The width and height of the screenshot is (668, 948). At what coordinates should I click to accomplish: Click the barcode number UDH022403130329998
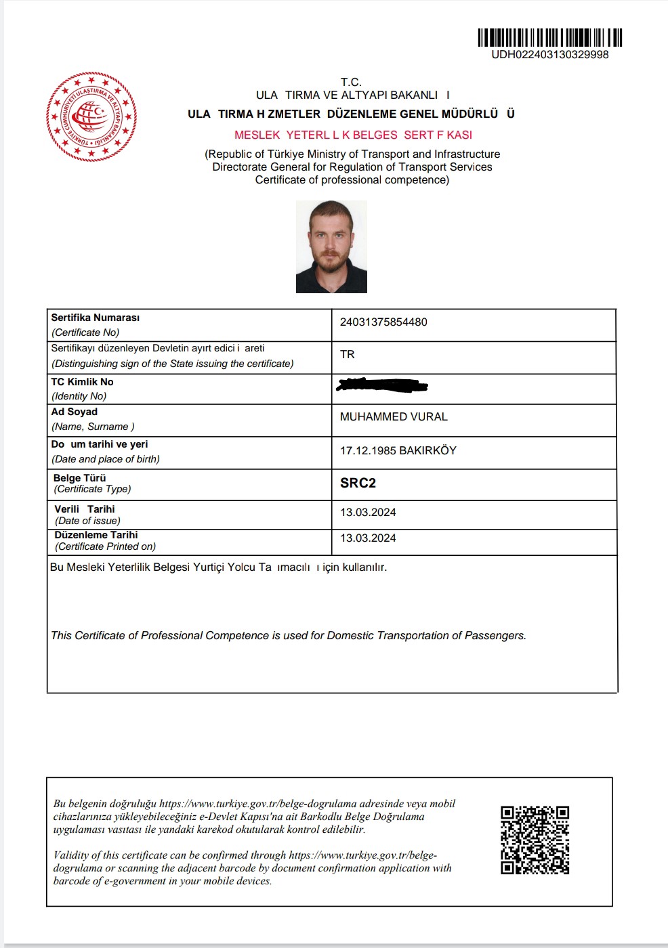549,54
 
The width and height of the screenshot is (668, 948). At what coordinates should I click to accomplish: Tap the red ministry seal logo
91,116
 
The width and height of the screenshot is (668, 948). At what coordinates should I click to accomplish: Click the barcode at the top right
549,37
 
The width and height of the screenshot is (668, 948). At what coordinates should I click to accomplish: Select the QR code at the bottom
535,840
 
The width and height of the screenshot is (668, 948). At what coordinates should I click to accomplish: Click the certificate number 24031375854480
383,322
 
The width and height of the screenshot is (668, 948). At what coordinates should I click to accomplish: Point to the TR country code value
348,355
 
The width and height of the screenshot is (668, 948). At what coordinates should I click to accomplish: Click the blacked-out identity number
382,385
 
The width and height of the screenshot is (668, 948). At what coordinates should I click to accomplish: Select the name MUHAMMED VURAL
394,417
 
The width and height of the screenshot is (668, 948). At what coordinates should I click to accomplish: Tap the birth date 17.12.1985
368,451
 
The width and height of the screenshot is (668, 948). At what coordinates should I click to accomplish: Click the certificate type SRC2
358,483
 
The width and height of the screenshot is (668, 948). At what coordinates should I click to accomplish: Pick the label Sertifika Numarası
96,318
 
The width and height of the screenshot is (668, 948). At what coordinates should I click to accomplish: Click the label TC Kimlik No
82,382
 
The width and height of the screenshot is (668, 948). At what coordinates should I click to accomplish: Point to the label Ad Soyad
75,412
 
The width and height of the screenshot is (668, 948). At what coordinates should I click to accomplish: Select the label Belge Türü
80,478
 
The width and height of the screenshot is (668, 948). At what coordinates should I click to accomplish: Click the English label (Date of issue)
88,521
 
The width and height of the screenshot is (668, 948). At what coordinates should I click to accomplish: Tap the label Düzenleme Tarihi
96,535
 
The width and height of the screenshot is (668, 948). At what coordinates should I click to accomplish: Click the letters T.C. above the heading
351,82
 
